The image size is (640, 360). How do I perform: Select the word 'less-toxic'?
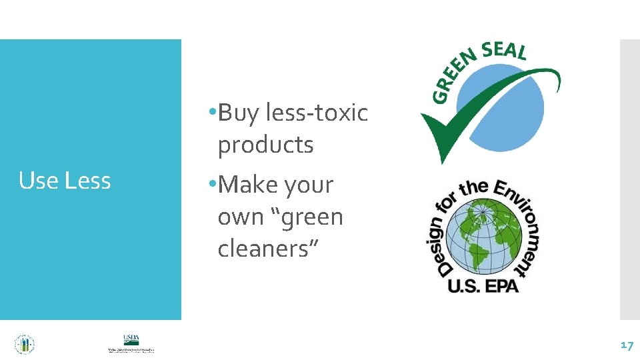pos(317,113)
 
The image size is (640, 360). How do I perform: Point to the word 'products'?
pos(265,145)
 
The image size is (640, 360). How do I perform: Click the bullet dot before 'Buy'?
pos(211,112)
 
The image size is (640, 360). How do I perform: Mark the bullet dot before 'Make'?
pos(211,184)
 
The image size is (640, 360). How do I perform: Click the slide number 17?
pos(626,345)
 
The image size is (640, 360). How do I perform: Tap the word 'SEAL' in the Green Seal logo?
pos(503,51)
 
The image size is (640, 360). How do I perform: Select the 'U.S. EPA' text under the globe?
pos(483,285)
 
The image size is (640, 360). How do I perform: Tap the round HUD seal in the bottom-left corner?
pos(25,344)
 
